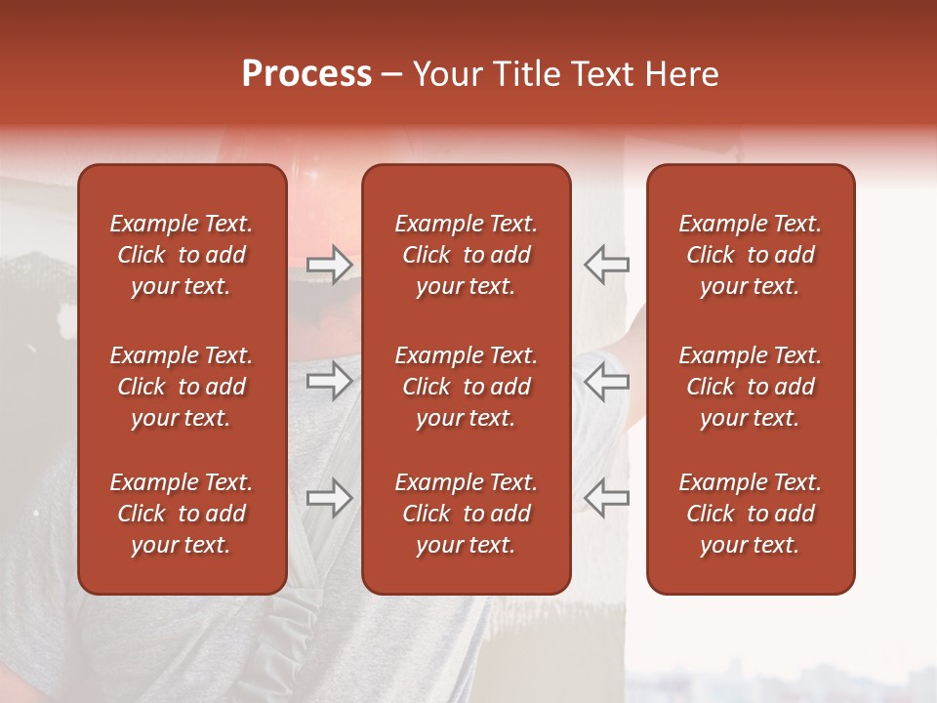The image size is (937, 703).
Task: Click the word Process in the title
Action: click(x=306, y=74)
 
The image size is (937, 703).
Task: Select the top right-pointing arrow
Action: click(x=330, y=265)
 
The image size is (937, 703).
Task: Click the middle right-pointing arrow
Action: click(x=330, y=381)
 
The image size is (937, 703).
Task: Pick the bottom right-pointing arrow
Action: click(x=330, y=498)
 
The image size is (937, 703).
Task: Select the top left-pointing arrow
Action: click(x=606, y=265)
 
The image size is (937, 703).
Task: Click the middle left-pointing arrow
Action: click(x=606, y=381)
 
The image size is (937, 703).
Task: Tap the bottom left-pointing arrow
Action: click(x=606, y=498)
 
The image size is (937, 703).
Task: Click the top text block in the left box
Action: click(x=182, y=255)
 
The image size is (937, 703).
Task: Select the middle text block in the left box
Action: click(x=182, y=387)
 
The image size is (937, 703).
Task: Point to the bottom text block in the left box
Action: click(x=182, y=514)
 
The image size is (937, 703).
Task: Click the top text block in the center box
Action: click(x=466, y=255)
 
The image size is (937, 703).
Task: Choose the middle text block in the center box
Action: click(x=466, y=387)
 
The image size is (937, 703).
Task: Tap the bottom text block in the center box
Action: click(x=466, y=514)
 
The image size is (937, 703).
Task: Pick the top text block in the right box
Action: click(x=750, y=255)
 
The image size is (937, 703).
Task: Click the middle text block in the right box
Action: click(x=750, y=387)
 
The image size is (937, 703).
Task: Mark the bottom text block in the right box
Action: click(x=750, y=514)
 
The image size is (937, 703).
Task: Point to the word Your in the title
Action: click(x=445, y=74)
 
